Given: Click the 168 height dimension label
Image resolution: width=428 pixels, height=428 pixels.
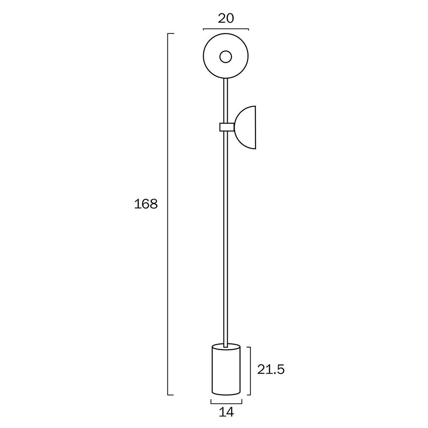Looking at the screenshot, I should (146, 204).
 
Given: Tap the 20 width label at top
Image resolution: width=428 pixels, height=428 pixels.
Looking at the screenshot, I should (226, 18).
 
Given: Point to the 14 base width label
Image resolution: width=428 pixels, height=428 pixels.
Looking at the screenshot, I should (226, 413).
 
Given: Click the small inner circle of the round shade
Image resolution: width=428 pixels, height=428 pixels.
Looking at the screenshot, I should (226, 56).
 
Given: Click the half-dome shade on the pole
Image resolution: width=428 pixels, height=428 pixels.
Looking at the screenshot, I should (246, 127).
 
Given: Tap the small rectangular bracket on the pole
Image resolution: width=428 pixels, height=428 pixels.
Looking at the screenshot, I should (226, 127).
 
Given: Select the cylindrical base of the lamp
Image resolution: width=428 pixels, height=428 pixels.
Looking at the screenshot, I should (226, 370).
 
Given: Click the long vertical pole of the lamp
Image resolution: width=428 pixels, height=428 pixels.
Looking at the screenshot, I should (226, 235).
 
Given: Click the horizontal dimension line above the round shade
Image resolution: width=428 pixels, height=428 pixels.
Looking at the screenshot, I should (226, 29).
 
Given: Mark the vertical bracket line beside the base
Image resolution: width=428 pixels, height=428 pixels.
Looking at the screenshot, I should (250, 371).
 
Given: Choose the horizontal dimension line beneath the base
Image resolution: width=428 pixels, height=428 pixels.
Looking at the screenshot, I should (226, 402).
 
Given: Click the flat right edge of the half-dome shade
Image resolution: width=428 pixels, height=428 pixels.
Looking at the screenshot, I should (256, 127).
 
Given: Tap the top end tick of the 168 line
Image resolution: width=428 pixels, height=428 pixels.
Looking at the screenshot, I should (170, 33).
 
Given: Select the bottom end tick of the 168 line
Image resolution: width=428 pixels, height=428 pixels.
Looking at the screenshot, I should (170, 395).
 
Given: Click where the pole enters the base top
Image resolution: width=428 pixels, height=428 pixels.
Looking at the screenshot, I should (226, 344).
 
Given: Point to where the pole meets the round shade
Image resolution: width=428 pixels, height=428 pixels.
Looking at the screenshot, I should (226, 79).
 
